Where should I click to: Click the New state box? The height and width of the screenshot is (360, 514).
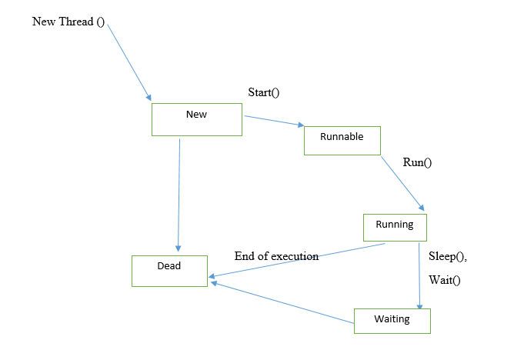[197, 119]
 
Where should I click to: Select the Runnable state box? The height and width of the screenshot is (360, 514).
[342, 140]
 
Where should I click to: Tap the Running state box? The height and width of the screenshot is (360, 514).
[395, 227]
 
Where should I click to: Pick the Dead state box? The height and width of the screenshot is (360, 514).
[169, 270]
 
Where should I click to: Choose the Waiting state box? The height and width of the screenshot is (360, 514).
[392, 320]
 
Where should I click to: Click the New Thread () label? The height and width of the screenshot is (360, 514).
[68, 21]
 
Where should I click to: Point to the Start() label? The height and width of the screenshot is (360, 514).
[263, 92]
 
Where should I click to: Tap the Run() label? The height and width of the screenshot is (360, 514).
[418, 162]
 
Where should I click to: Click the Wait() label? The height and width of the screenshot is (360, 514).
[444, 280]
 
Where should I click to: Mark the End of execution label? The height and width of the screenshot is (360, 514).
[276, 256]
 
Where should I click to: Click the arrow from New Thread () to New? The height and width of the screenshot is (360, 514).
[128, 62]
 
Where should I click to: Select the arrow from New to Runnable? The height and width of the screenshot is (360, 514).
[273, 121]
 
